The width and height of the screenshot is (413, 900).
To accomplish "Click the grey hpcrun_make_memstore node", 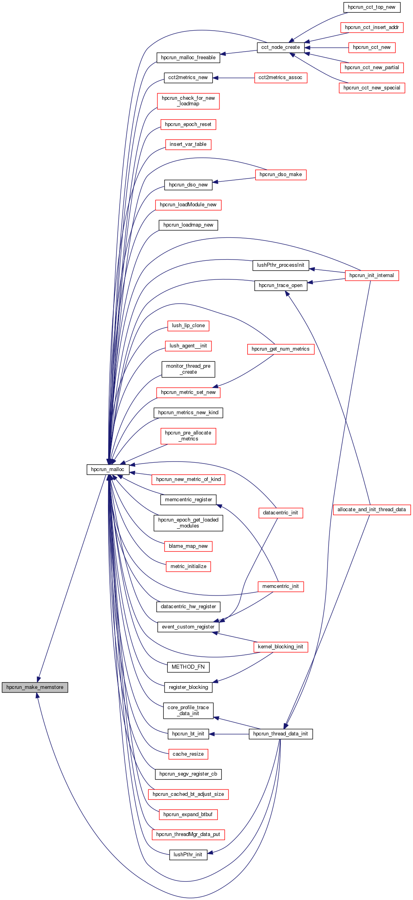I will pos(35,687).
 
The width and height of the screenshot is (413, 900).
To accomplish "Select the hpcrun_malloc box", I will pos(108,469).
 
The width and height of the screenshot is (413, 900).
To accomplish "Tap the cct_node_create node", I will pos(281,47).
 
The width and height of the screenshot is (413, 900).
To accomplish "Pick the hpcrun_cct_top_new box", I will pos(372,7).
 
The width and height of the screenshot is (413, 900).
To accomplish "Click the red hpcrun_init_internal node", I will pos(372,275).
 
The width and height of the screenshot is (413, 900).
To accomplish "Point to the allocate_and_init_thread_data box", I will pos(372,510).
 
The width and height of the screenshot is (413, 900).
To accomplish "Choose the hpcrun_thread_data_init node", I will pos(281,734).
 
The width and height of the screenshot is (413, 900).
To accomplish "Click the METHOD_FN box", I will pos(188,667).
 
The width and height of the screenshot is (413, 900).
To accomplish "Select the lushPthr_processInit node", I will pos(281,265).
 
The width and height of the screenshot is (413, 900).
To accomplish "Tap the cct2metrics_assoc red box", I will pos(280,78).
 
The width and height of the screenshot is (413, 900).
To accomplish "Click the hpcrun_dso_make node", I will pos(281,175).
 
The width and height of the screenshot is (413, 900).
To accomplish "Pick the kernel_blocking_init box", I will pos(281,647).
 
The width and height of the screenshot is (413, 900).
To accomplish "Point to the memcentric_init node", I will pos(281,586).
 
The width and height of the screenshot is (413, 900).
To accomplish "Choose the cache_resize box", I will pos(188,754).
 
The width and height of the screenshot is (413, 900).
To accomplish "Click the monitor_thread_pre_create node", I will pos(188,369).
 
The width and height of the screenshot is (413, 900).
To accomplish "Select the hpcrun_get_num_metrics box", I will pos(281,349).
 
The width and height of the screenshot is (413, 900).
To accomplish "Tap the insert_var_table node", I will pos(188,144).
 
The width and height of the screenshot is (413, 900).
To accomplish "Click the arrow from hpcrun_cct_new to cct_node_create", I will pos(326,48).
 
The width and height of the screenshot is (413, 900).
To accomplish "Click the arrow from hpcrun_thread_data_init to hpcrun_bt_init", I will pos(229,734).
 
